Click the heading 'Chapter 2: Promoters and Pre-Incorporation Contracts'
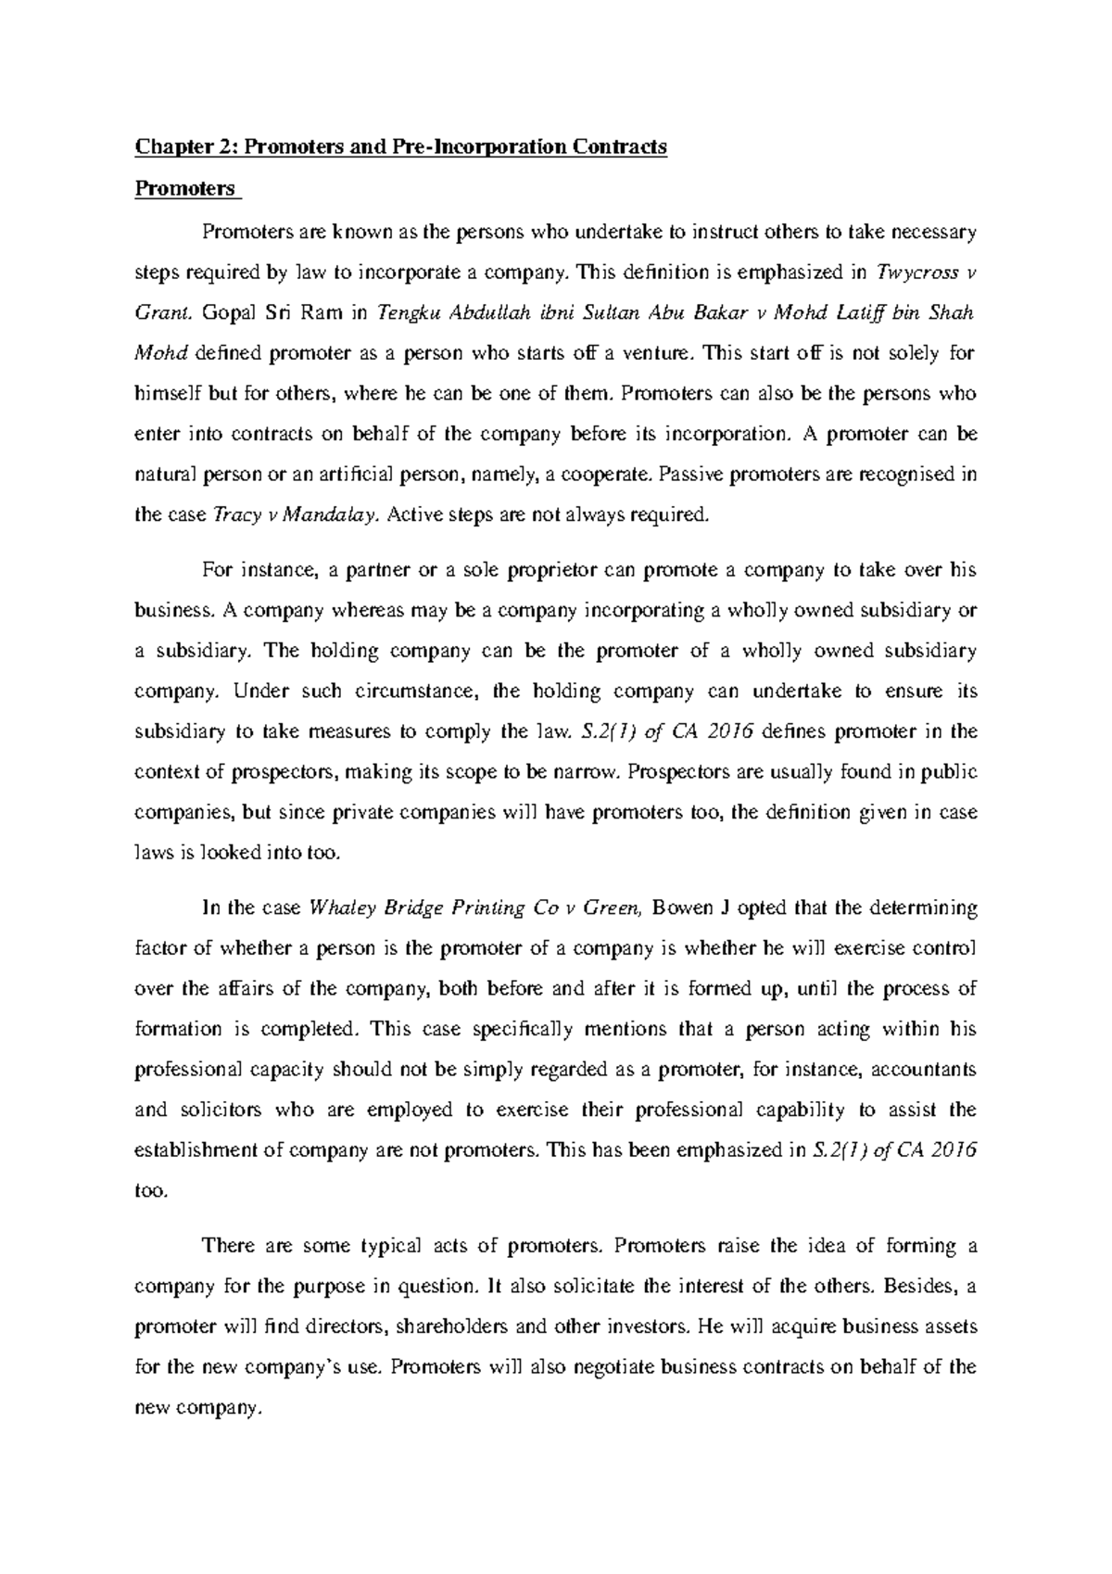click(400, 147)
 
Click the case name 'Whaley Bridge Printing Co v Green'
click(474, 908)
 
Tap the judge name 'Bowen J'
click(694, 908)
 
